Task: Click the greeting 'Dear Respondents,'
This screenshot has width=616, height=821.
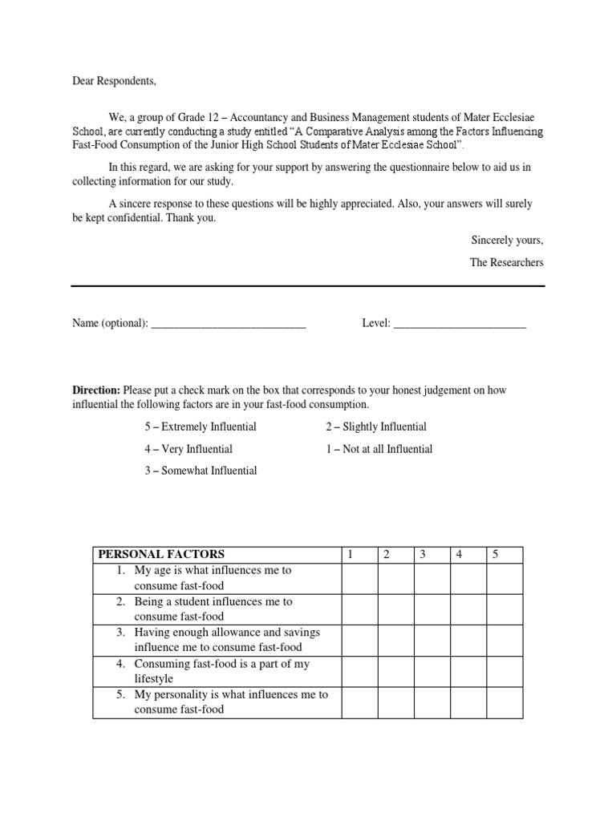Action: click(x=115, y=81)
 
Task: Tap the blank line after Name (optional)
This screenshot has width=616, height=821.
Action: click(x=229, y=326)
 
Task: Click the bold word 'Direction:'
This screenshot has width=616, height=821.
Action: click(x=96, y=390)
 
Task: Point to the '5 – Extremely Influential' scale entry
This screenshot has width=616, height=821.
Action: click(x=201, y=427)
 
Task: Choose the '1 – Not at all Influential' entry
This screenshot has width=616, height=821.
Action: click(x=379, y=449)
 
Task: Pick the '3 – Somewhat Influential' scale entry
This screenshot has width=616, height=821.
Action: click(x=201, y=471)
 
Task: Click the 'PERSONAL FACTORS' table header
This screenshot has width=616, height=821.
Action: click(x=161, y=554)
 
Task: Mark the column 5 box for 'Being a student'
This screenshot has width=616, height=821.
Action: click(x=505, y=609)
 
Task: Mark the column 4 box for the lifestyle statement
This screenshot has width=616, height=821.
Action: click(x=468, y=671)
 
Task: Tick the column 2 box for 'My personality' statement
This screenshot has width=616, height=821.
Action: click(x=395, y=702)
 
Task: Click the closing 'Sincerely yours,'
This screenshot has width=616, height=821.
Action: click(x=507, y=240)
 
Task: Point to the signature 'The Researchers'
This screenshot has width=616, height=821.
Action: click(x=506, y=262)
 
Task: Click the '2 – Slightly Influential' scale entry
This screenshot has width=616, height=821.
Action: click(x=376, y=427)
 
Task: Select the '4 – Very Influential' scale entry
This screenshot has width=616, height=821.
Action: click(x=188, y=449)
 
